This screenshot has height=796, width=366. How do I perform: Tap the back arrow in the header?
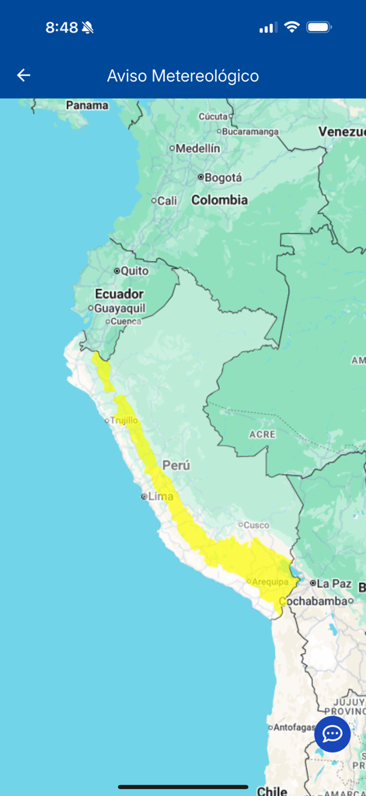[x=24, y=75]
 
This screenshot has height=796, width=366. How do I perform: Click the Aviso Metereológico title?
[x=183, y=76]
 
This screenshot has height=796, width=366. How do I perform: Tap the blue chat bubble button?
[x=333, y=734]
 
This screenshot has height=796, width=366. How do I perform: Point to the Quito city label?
[x=134, y=271]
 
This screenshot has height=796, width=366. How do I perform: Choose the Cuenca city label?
[x=125, y=321]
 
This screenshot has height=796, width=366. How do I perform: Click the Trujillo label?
[x=124, y=421]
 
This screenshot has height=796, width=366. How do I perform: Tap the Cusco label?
[x=257, y=525]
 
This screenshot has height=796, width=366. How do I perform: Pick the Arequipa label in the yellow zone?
[x=270, y=581]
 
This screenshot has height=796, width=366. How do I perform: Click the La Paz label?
[x=334, y=583]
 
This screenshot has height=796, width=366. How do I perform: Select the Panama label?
[x=87, y=105]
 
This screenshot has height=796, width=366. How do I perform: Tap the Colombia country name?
[x=220, y=200]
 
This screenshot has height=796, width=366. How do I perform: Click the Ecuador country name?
[x=119, y=294]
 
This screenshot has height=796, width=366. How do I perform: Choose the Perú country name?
[x=176, y=465]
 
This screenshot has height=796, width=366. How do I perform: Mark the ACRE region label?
[x=262, y=434]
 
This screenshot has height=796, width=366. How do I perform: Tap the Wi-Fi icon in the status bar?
[x=291, y=27]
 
